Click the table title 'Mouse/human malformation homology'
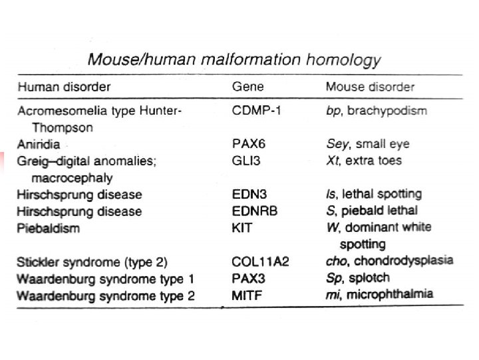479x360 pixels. point(234,60)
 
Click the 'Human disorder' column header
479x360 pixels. point(64,87)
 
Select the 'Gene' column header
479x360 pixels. point(247,87)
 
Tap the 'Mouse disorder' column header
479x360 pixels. point(370,87)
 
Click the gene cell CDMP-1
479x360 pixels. point(256,110)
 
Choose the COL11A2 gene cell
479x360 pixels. point(260,261)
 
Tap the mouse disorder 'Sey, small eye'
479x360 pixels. point(367,143)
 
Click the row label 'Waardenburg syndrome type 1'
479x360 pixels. point(96,279)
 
